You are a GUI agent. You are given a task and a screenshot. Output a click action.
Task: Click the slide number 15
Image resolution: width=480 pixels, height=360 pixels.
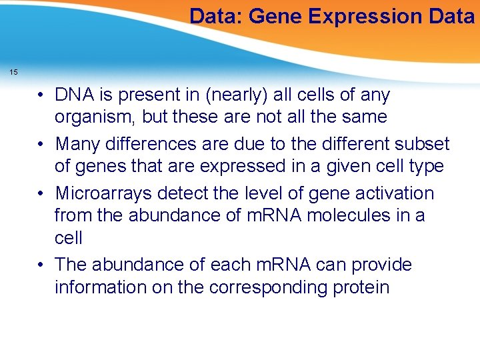[x=14, y=72]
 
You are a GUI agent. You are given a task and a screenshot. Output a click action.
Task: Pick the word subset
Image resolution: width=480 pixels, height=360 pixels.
[x=422, y=144]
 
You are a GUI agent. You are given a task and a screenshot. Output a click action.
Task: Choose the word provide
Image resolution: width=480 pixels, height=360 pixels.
[x=379, y=265]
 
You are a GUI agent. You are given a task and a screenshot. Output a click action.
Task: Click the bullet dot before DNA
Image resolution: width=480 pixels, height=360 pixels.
[x=41, y=95]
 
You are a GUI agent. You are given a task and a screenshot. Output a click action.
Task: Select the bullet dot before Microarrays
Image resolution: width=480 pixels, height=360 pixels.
[x=41, y=193]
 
